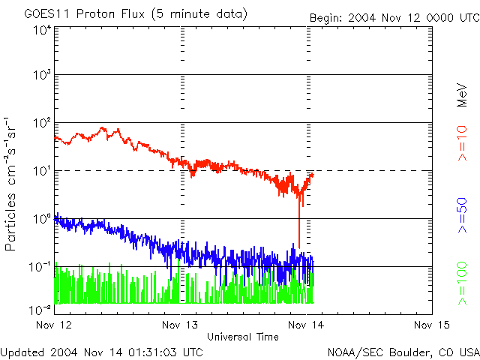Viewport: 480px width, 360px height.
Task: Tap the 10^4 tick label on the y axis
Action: point(41,31)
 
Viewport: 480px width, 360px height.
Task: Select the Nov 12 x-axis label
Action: point(54,325)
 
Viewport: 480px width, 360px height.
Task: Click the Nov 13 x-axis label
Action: point(181,325)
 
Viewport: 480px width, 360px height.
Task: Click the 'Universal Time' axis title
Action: point(243,337)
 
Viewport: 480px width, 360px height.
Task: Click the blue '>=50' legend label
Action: point(462,214)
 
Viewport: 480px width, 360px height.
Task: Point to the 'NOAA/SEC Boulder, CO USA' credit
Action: point(403,352)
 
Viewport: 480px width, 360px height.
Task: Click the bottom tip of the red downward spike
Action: point(299,247)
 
